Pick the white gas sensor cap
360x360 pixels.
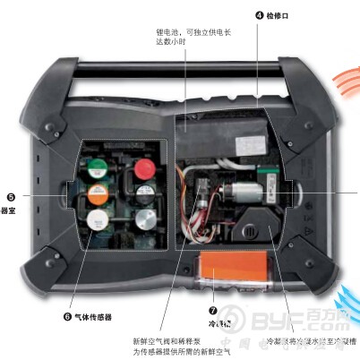[100, 219]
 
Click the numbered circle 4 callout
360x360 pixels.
[260, 15]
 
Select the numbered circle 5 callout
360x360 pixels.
[10, 196]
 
